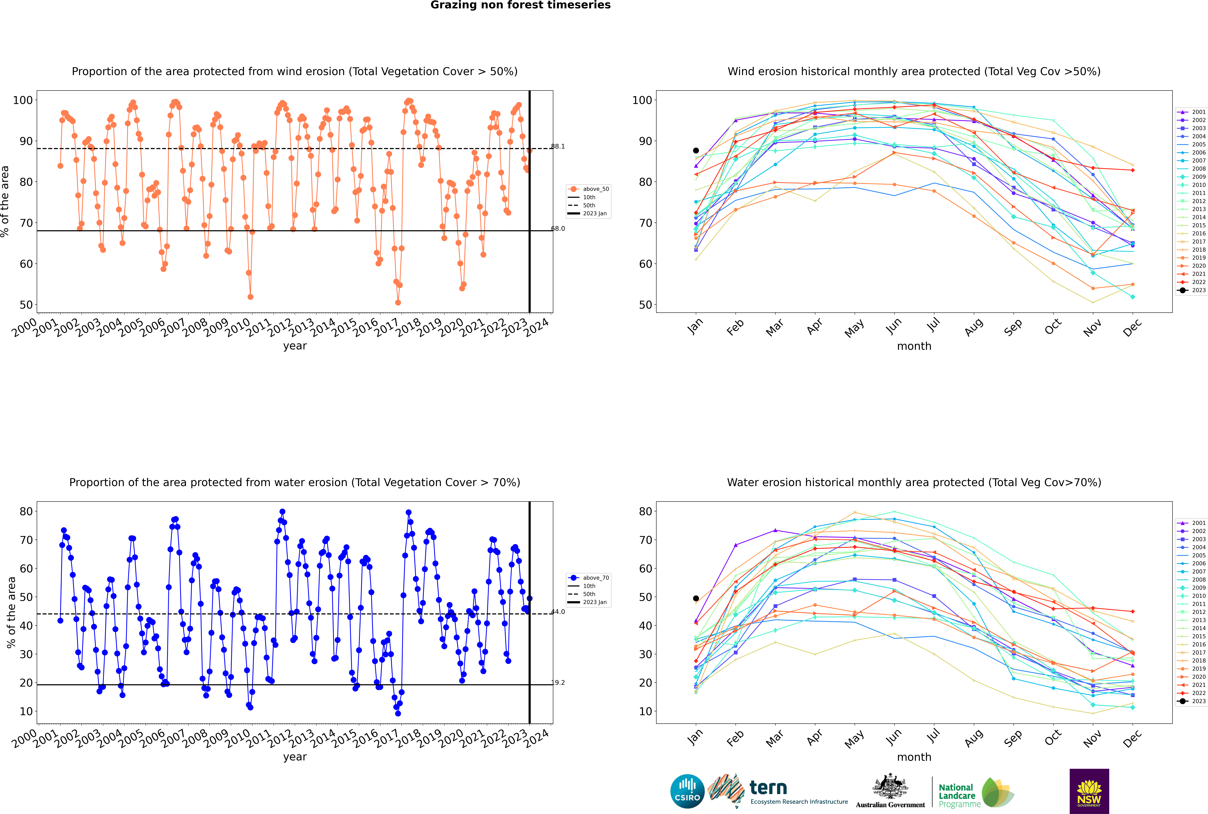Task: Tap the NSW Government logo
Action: [1089, 791]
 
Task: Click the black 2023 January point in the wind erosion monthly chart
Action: [696, 151]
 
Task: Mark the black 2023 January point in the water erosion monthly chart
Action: [696, 599]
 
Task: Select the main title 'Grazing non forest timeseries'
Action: [520, 5]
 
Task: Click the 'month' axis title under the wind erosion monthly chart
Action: [914, 346]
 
